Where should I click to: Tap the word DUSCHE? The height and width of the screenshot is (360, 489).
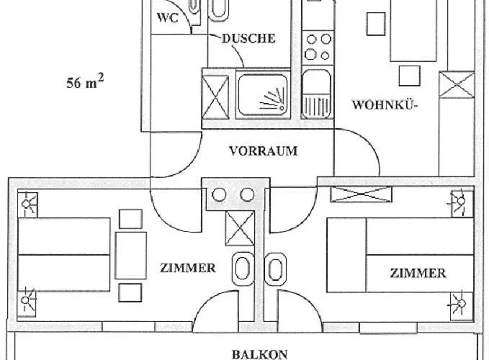point(248,38)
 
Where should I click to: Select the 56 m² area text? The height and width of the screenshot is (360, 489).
point(85,83)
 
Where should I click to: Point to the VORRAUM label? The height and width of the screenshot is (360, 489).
point(263,151)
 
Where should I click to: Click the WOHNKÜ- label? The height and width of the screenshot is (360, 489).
point(385,105)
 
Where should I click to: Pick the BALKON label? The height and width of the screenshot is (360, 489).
point(260,354)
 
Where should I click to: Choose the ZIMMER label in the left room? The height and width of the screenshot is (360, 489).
point(188,268)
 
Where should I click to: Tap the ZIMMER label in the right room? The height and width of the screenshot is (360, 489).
point(418,273)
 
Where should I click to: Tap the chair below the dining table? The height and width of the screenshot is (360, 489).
point(408,75)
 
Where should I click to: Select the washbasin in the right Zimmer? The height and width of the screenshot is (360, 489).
point(274,270)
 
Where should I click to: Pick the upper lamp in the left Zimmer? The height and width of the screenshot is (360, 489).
point(29,204)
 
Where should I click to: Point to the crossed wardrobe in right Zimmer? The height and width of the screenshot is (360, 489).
point(361,194)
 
